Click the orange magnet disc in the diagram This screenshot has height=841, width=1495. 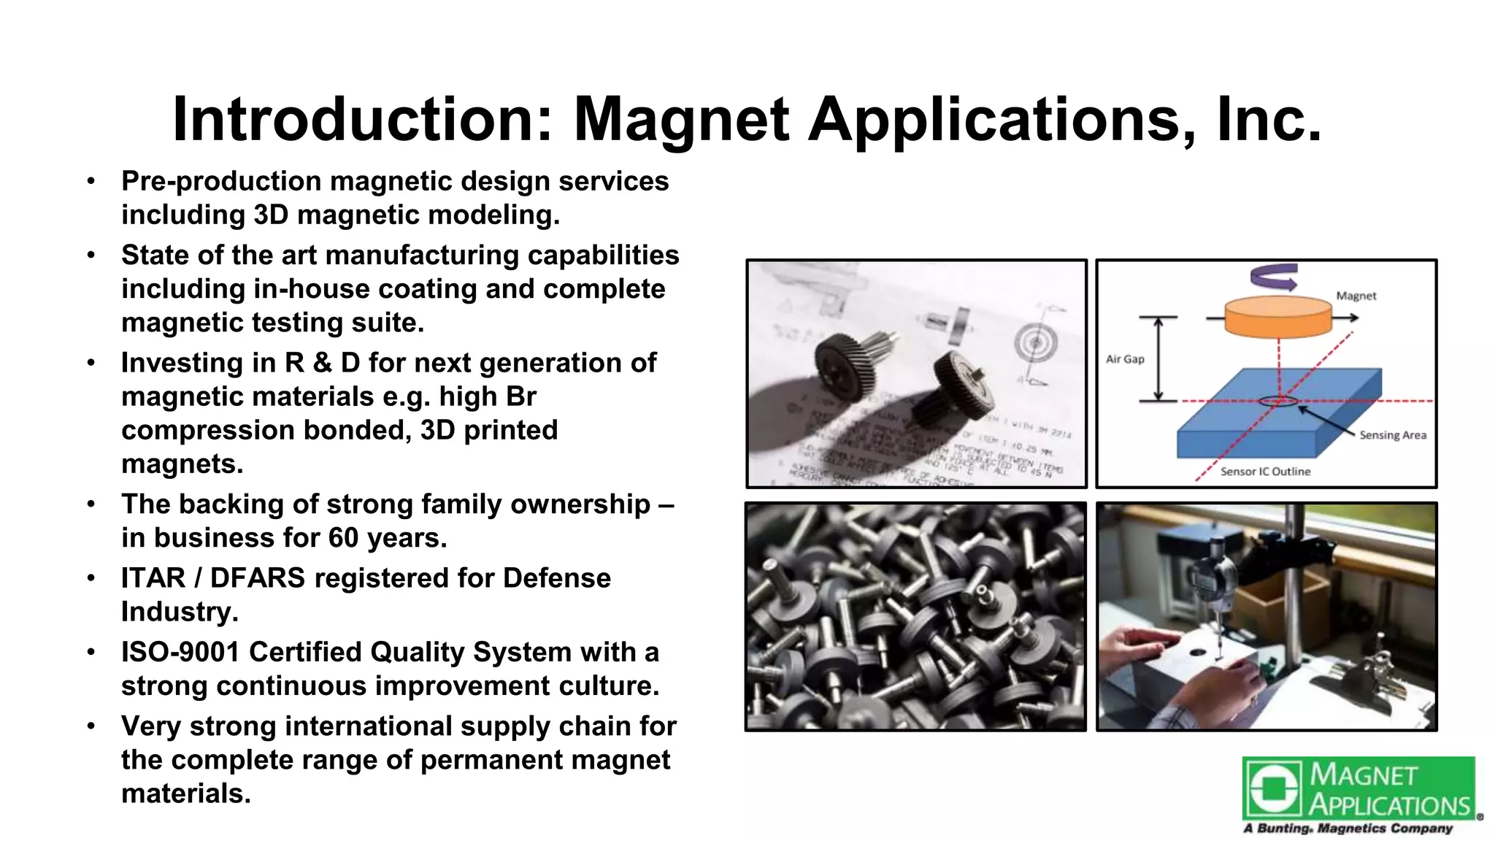[1277, 317]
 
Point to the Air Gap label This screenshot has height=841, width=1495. [1125, 359]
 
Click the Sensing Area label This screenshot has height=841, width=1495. [1392, 435]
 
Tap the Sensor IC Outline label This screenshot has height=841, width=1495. [1265, 472]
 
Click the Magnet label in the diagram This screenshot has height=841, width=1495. [1356, 296]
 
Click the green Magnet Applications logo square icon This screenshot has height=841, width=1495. [1273, 788]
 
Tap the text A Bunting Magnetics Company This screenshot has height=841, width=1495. [1348, 829]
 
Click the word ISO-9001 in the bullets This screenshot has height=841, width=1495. [180, 652]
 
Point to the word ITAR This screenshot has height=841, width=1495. [153, 578]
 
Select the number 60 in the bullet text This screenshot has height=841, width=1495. [343, 538]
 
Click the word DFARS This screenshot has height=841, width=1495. [257, 578]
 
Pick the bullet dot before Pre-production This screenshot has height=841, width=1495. [91, 181]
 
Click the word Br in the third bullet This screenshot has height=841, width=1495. [521, 396]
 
